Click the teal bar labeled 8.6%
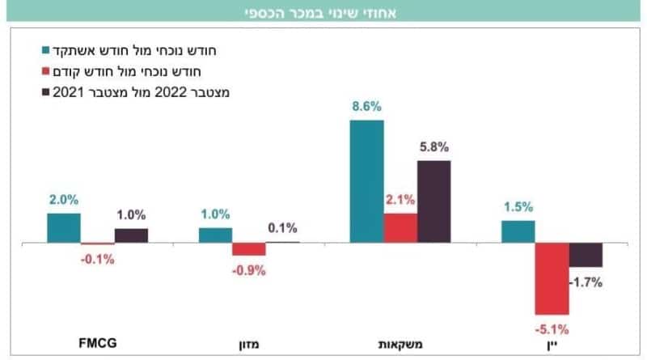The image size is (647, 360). pos(367,181)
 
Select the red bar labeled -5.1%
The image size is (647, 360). pos(552,278)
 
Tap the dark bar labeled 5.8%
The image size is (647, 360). pos(434,201)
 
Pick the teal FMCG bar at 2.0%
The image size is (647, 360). pos(64,228)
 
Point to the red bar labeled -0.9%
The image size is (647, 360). pos(249,249)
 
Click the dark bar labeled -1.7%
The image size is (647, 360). pos(586,255)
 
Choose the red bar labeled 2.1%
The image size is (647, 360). pos(400,228)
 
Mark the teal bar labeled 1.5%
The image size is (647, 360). pos(518,231)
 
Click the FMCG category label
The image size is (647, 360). pos(98,343)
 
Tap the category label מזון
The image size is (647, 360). pos(249,345)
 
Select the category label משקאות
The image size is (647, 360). pos(400,345)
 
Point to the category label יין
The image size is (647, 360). pos(552,345)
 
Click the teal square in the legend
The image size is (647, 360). pos(46,50)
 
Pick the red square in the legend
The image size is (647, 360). pos(46,71)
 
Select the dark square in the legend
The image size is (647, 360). pos(46,92)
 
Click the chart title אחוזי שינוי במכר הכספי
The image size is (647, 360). pos(320,13)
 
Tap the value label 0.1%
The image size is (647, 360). pos(282,227)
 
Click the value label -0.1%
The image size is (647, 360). pos(98,259)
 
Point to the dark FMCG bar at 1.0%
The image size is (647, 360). pos(131,235)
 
